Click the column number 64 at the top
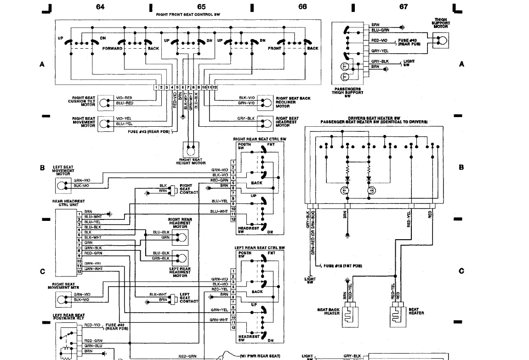point(100,6)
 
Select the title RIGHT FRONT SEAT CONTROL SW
point(188,15)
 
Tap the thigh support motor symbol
point(441,40)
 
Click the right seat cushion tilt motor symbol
point(106,103)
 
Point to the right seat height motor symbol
point(190,150)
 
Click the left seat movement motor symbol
point(62,185)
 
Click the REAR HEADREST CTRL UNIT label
point(68,203)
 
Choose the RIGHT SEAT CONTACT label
point(187,189)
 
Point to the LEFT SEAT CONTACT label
point(186,298)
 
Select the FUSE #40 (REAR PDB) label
point(115,326)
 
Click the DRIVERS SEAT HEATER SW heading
point(374,118)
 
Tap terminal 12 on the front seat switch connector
point(215,87)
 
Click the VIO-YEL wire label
point(124,118)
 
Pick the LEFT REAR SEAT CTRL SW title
point(260,248)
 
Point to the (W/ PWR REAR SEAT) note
point(260,356)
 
